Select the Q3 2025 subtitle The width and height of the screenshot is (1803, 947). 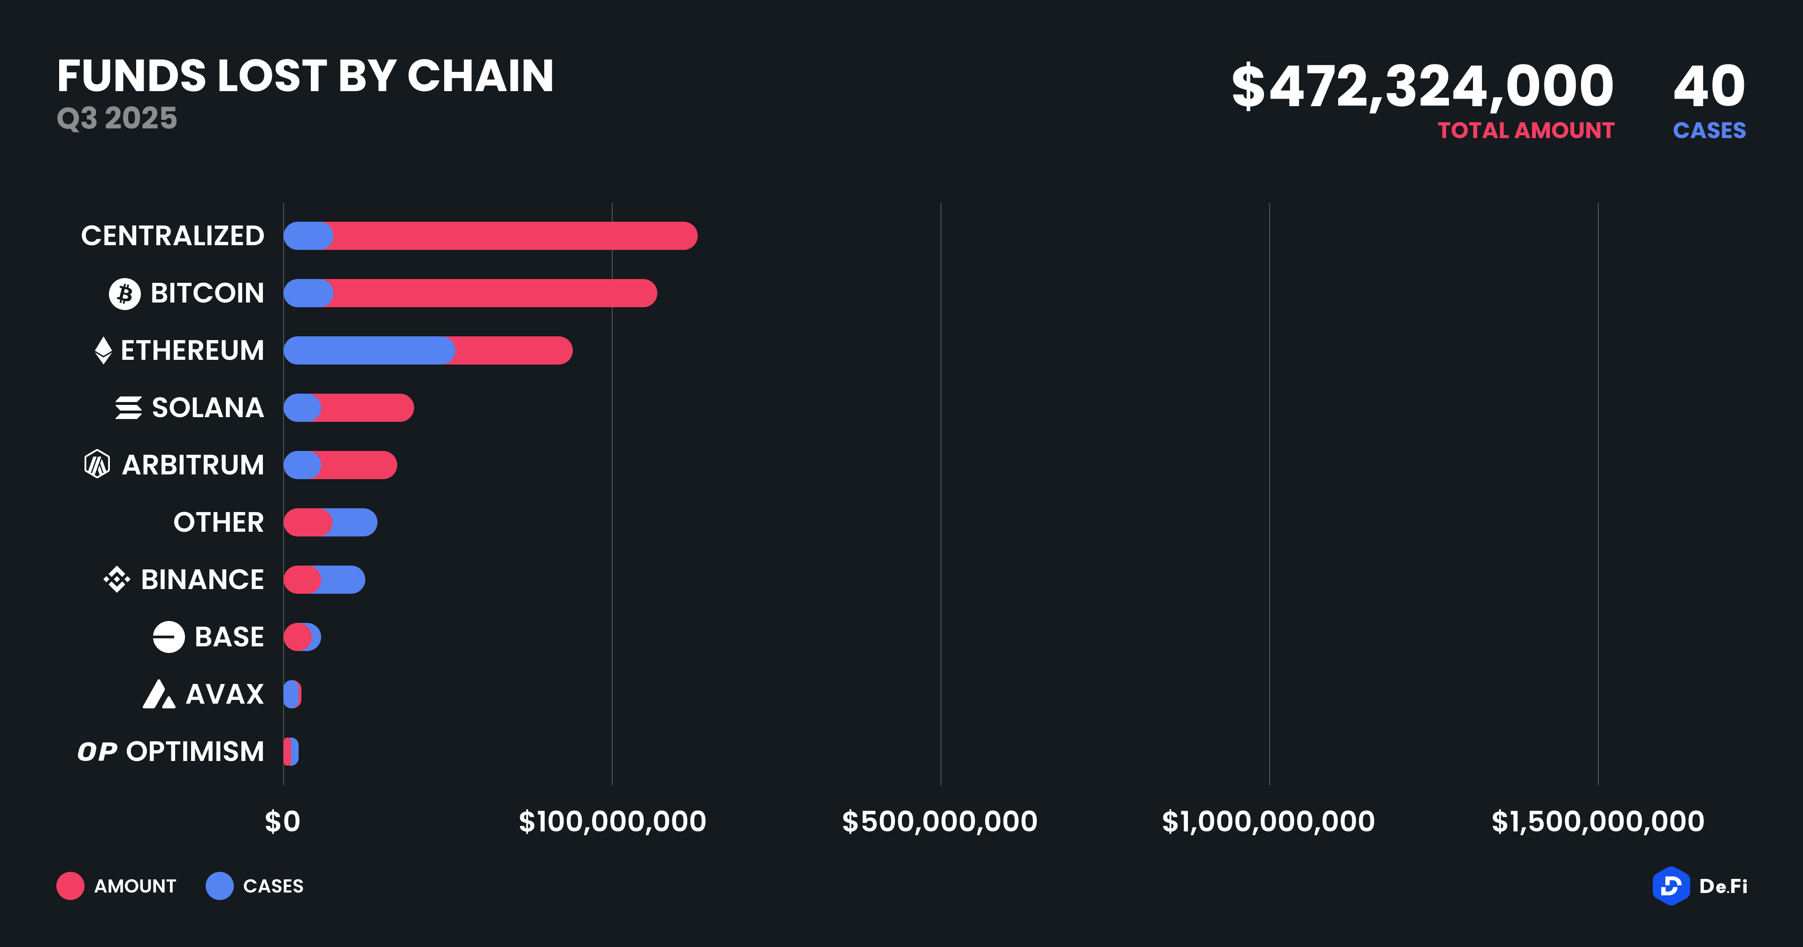tap(117, 118)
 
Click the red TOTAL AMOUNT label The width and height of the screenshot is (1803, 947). tap(1526, 130)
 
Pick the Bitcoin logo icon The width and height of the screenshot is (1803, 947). tap(124, 294)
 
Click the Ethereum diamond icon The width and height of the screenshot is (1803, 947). tap(103, 350)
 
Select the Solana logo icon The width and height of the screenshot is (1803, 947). tap(129, 408)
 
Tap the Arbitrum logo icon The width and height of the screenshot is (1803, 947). tap(97, 465)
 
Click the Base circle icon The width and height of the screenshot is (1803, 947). tap(169, 637)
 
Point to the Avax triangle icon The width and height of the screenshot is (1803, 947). tap(159, 694)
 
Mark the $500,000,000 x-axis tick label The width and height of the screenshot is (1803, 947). tap(939, 822)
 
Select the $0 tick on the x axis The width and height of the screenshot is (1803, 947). tap(282, 822)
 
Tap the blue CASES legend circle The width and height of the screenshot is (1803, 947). tap(220, 886)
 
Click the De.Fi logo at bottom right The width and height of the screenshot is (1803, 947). tap(1699, 886)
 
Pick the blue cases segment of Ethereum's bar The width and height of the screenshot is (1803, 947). tap(369, 350)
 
